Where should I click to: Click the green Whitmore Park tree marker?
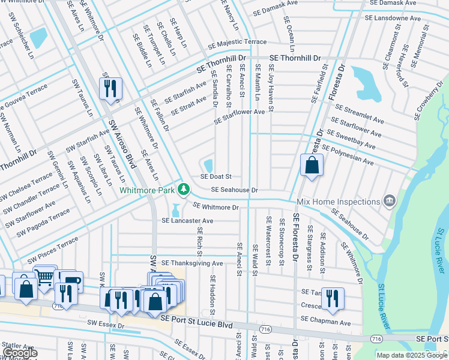(x=184, y=190)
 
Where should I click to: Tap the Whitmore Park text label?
(x=147, y=190)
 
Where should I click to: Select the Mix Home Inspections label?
(x=339, y=200)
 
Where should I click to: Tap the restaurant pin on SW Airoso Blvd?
(x=110, y=89)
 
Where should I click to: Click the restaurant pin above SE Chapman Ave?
(x=332, y=298)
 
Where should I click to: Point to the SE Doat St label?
(x=216, y=177)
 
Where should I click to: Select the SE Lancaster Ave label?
(x=187, y=221)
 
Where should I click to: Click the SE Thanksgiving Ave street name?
(x=191, y=263)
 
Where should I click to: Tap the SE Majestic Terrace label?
(x=237, y=43)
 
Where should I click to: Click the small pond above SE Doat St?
(x=208, y=165)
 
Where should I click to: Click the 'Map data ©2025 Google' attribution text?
(x=411, y=355)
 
